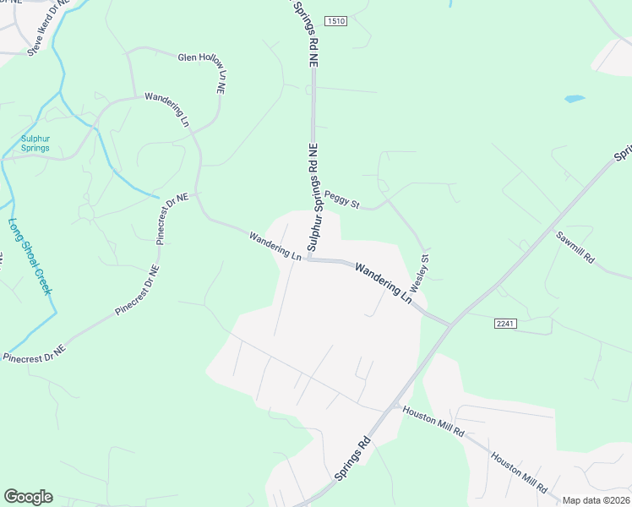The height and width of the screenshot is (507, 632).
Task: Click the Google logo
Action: tap(28, 497)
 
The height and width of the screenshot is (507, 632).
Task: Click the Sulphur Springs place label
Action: tap(35, 143)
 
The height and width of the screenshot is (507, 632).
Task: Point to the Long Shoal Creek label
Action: tap(30, 257)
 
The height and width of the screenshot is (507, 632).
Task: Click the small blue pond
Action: tap(575, 99)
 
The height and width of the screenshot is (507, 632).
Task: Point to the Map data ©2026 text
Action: tap(596, 500)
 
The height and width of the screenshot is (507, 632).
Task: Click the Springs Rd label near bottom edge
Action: tap(352, 459)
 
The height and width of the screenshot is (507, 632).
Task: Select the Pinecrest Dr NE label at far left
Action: tap(34, 353)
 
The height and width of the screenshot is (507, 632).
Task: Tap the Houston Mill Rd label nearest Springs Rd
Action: tap(434, 422)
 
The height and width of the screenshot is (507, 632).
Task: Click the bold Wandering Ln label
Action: tap(383, 283)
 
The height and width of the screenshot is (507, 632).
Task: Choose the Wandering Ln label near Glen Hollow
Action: tap(167, 109)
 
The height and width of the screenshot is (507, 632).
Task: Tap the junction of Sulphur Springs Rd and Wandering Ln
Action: tap(309, 259)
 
